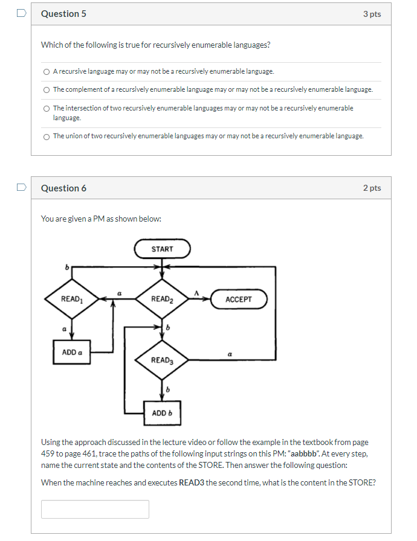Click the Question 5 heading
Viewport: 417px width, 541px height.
[63, 14]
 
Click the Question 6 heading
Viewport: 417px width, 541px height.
[63, 188]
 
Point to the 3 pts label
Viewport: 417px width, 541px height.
[372, 14]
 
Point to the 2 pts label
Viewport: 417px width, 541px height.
[372, 188]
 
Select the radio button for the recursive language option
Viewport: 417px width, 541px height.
[47, 72]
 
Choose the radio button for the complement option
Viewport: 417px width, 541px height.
[47, 90]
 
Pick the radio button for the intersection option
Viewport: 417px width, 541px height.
[47, 109]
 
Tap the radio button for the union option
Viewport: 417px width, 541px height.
[47, 136]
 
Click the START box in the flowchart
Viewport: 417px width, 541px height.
[162, 249]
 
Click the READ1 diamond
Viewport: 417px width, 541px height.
[71, 299]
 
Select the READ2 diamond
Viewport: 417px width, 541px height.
[162, 299]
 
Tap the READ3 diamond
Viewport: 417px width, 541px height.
[162, 360]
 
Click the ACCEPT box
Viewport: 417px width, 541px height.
[238, 299]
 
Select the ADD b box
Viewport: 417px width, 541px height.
[162, 413]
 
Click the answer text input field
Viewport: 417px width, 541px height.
[95, 509]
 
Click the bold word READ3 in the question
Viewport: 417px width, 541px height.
[192, 482]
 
